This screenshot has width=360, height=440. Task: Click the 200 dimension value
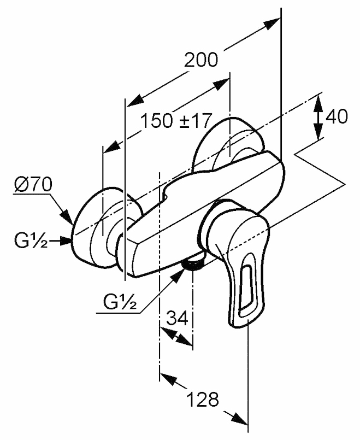200,60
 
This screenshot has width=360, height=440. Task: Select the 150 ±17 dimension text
175,121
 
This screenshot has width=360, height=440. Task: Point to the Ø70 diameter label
33,185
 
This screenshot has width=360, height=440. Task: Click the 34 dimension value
177,319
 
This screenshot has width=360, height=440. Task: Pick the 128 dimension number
203,400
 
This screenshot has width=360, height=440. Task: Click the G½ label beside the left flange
31,241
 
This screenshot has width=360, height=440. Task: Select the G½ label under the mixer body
121,302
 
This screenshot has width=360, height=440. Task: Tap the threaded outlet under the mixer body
192,263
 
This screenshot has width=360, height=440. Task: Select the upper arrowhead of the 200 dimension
272,22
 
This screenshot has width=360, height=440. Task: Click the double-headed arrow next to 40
318,118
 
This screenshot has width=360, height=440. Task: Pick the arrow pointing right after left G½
60,240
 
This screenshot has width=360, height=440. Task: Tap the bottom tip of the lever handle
238,326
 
